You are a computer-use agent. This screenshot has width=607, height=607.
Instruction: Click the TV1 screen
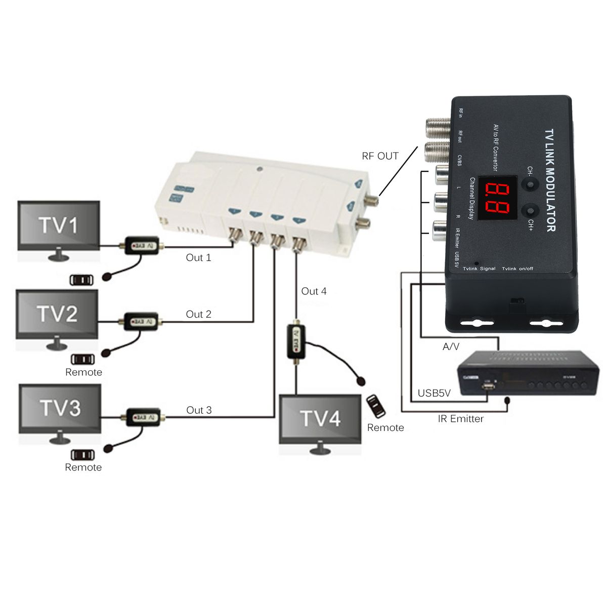(x=59, y=226)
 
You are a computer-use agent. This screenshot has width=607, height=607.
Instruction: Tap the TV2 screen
(x=57, y=314)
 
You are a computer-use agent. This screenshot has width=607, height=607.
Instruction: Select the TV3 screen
(x=60, y=408)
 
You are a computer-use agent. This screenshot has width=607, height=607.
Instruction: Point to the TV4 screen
(x=320, y=419)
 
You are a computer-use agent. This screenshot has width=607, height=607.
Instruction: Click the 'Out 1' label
(x=198, y=257)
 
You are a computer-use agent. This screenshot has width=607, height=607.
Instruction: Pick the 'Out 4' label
(x=314, y=291)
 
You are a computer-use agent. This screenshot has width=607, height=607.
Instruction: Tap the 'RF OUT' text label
(x=380, y=156)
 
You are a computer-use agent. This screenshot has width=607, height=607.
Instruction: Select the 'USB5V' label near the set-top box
(x=434, y=393)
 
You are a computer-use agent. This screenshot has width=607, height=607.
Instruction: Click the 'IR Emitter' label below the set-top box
(x=460, y=419)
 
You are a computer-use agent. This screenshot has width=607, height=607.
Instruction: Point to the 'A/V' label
(x=451, y=346)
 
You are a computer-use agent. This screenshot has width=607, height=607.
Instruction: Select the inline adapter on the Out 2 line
(x=141, y=321)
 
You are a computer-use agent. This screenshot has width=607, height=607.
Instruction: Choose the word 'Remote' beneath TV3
(x=83, y=467)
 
